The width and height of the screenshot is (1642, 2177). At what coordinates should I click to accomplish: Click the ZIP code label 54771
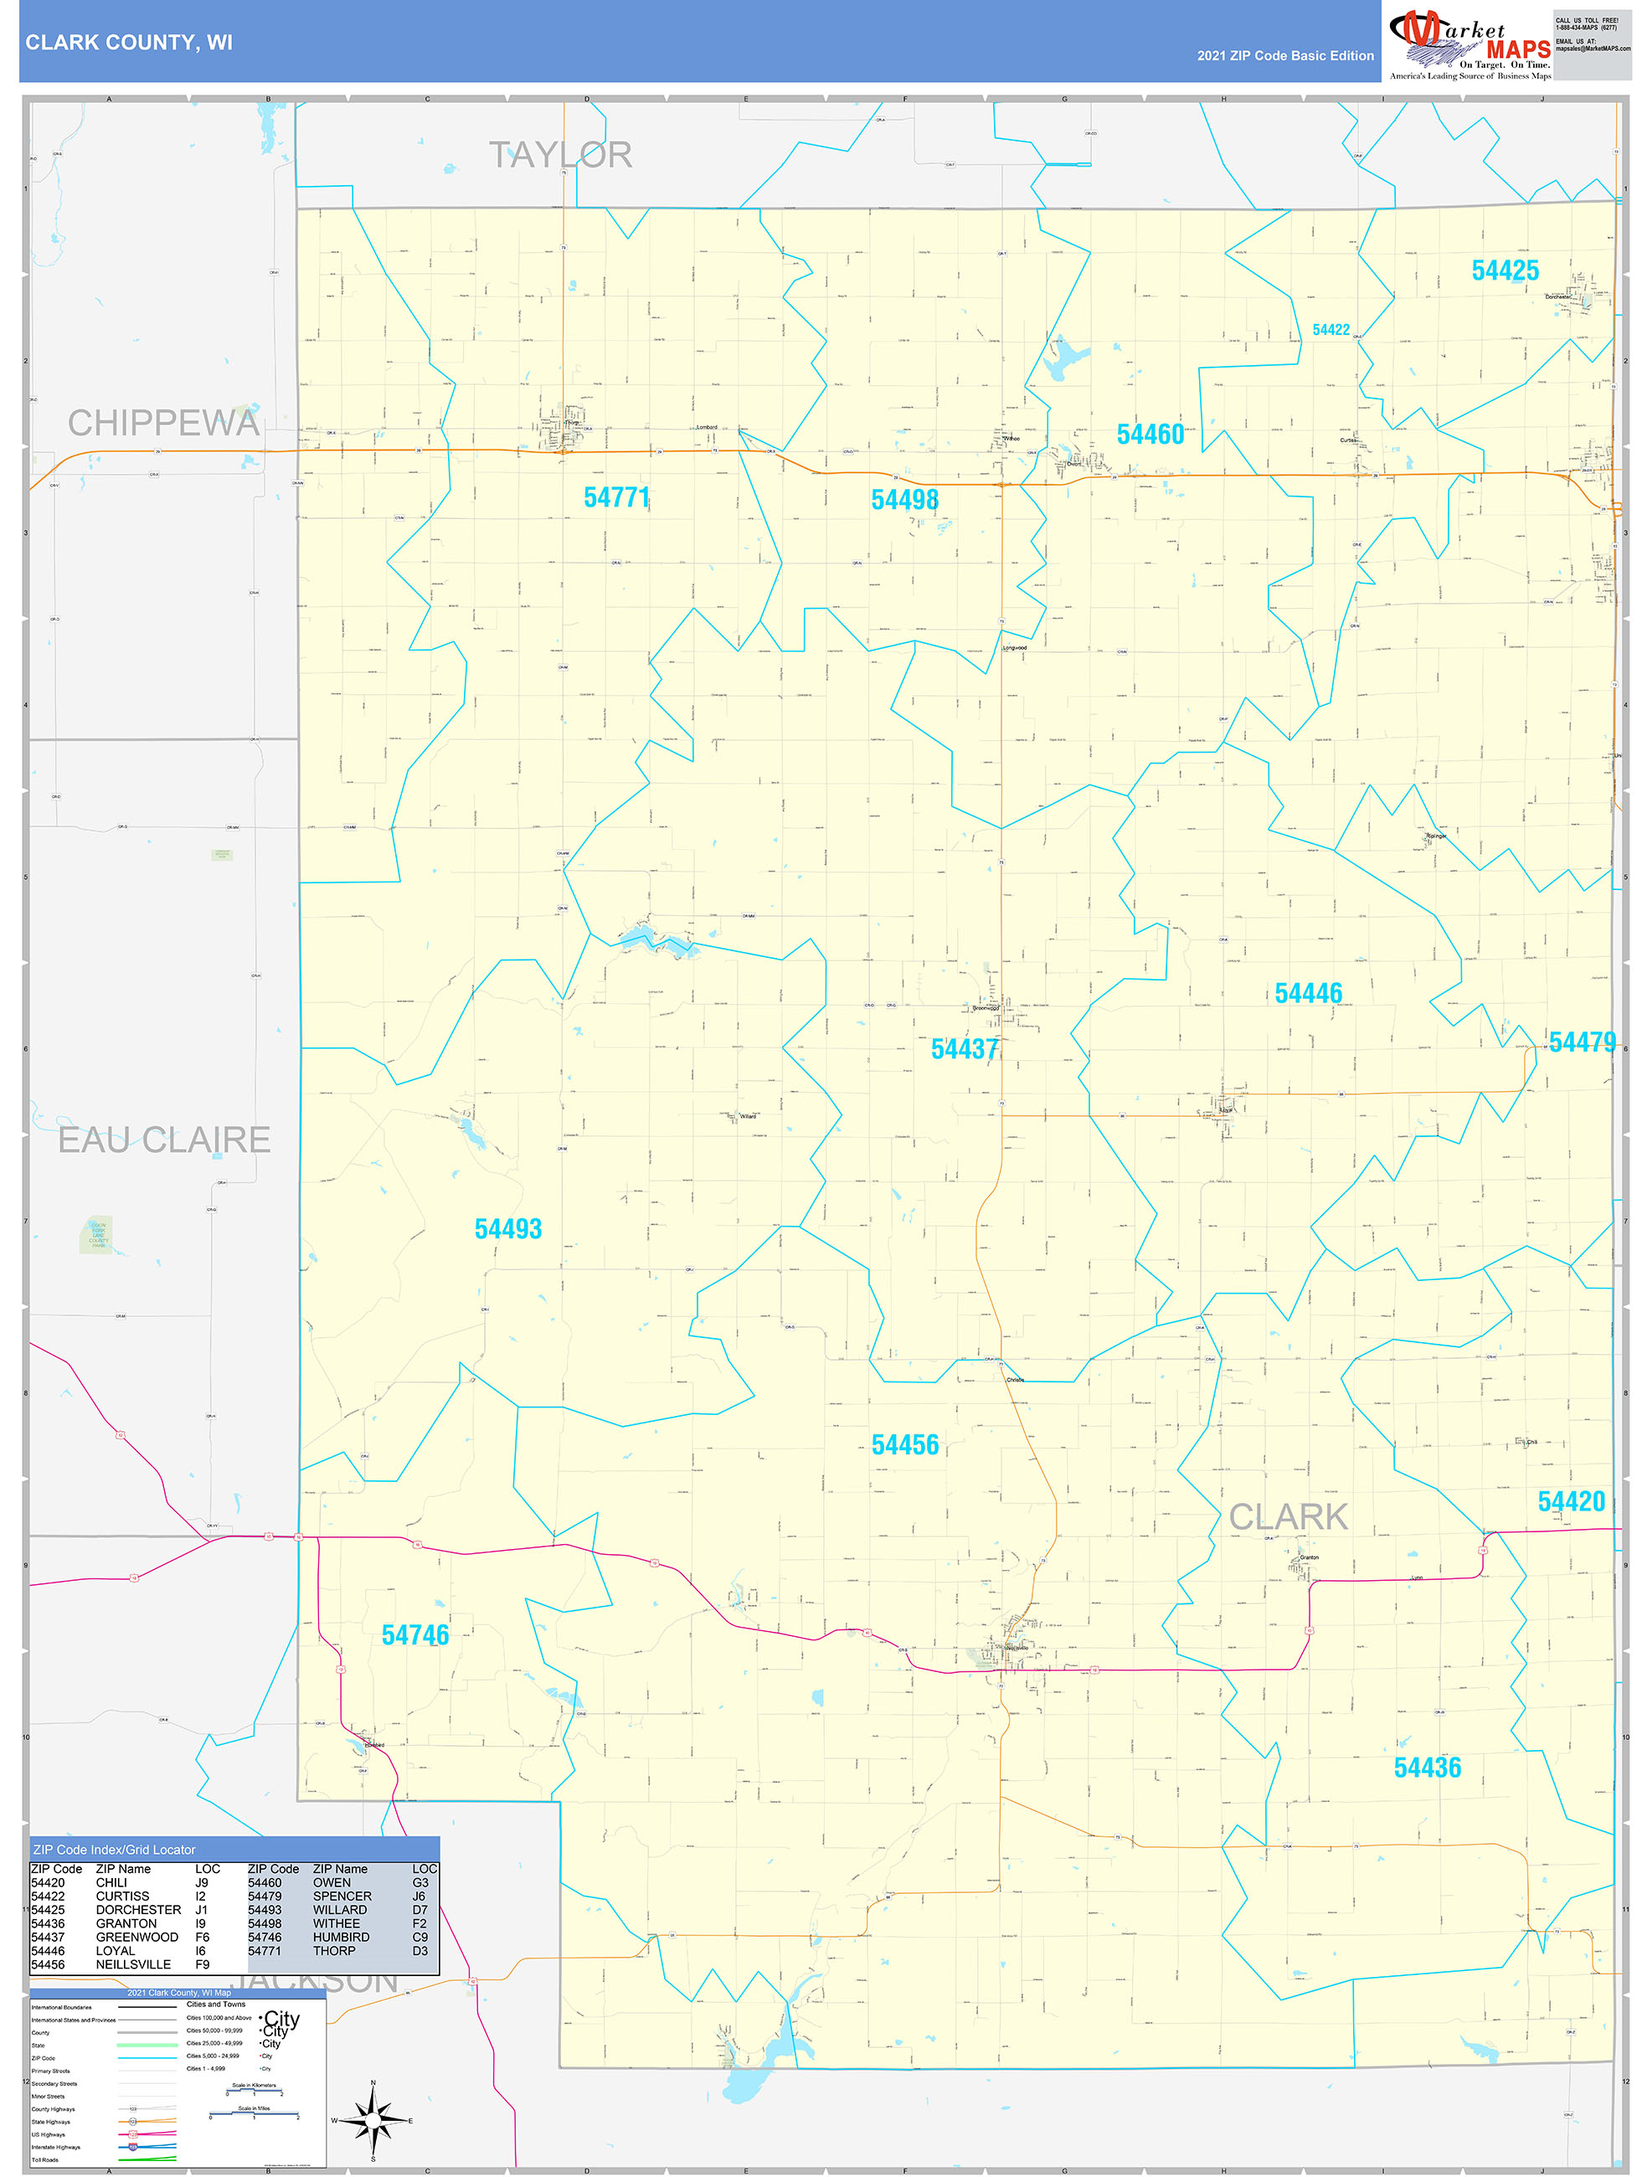click(x=616, y=498)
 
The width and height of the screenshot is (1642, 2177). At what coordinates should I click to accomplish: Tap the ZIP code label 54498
click(x=903, y=500)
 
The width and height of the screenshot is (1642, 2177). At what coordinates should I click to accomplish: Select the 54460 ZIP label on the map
click(x=1150, y=434)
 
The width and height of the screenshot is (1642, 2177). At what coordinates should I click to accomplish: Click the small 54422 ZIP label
click(x=1330, y=330)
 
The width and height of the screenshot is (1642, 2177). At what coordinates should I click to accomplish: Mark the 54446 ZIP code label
click(x=1307, y=993)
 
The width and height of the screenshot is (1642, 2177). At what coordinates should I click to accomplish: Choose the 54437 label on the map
click(x=964, y=1049)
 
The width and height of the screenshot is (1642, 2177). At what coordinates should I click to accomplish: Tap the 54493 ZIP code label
click(x=508, y=1228)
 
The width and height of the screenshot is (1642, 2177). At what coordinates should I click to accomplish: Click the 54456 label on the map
click(x=904, y=1444)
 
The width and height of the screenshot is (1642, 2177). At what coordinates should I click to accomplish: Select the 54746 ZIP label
click(x=414, y=1634)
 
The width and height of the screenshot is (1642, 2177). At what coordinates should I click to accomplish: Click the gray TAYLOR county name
click(x=560, y=155)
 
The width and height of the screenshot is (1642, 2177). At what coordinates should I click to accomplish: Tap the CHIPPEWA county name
click(x=163, y=423)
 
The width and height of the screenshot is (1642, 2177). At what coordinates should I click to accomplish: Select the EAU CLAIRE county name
click(x=163, y=1140)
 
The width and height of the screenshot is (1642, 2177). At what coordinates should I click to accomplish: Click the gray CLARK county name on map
click(x=1288, y=1516)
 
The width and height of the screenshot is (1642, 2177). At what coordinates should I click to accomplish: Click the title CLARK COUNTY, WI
click(x=129, y=43)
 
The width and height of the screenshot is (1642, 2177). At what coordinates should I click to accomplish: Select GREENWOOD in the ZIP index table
click(x=136, y=1937)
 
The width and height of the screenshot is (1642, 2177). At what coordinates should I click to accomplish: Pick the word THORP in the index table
click(x=334, y=1951)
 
